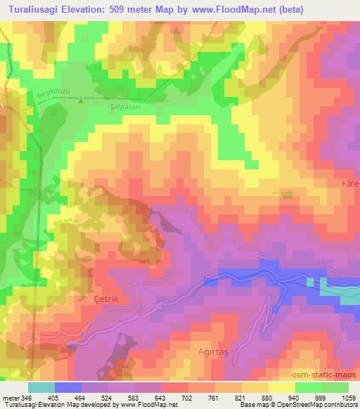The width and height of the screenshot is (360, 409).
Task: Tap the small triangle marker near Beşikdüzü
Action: tap(81, 100)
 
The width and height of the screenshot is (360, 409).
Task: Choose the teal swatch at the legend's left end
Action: tap(41, 387)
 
